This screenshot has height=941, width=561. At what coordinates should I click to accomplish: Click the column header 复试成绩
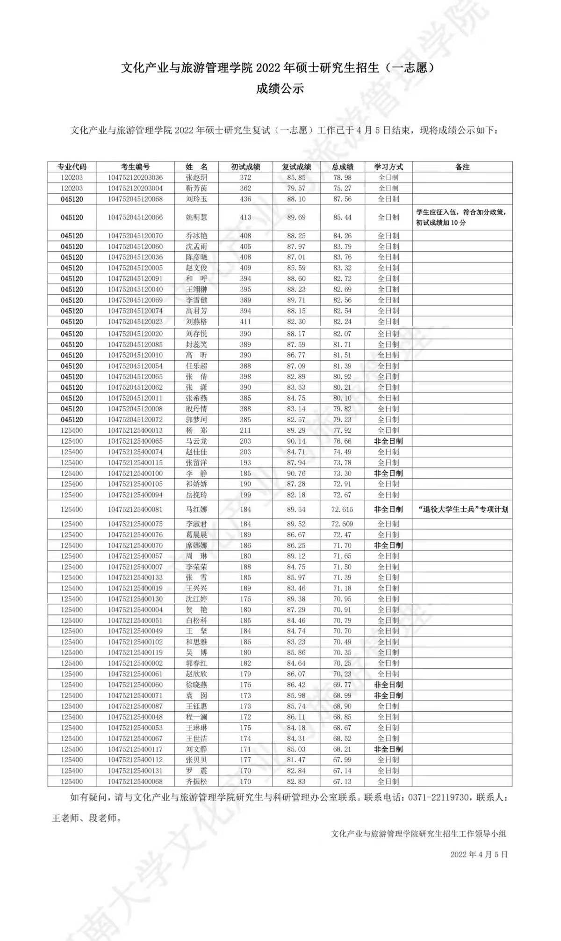point(296,167)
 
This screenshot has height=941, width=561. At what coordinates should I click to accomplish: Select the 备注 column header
point(462,167)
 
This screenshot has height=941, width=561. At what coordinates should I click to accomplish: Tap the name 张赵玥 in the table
point(196,177)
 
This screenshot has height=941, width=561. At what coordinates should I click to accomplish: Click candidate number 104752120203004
point(135,188)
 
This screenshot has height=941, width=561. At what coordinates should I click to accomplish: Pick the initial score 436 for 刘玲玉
point(245,199)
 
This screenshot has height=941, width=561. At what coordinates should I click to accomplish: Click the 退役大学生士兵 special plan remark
point(462,509)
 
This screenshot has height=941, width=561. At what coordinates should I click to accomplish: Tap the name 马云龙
point(196,441)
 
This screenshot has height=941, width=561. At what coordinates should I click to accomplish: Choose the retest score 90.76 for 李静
point(296,473)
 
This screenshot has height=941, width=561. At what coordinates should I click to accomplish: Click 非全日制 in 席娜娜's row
point(388,545)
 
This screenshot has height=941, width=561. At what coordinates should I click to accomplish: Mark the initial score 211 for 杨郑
point(245,430)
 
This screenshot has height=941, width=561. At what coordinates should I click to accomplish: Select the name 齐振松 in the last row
point(196,781)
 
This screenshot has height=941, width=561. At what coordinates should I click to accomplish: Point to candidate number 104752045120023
point(135,321)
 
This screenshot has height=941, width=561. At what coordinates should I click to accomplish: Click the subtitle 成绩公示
point(280,88)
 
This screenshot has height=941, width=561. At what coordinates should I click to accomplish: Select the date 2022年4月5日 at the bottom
point(479,854)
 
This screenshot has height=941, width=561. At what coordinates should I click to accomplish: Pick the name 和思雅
point(196,642)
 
